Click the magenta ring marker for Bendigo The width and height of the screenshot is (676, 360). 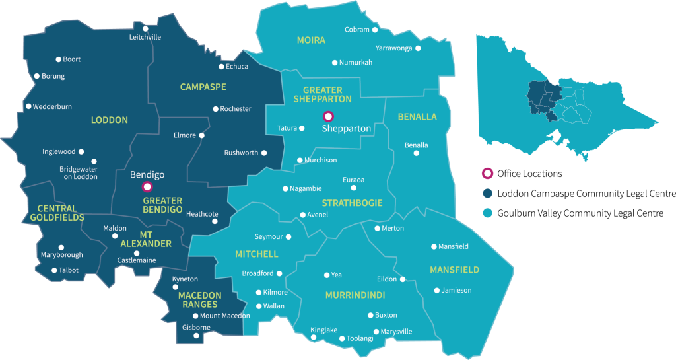click(x=147, y=187)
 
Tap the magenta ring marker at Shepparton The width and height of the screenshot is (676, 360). click(x=328, y=117)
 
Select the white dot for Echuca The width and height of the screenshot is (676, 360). click(x=222, y=67)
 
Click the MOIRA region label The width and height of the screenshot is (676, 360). click(x=311, y=40)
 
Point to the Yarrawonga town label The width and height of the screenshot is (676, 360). click(x=393, y=48)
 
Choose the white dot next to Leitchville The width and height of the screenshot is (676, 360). click(x=146, y=29)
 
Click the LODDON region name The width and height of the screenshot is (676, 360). click(x=110, y=120)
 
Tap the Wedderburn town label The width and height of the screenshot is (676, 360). click(x=52, y=106)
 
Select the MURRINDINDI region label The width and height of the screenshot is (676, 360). click(x=355, y=295)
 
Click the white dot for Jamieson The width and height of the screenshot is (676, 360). click(x=437, y=290)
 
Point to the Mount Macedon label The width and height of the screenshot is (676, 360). click(x=224, y=316)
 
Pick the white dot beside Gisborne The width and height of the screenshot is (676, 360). click(x=196, y=336)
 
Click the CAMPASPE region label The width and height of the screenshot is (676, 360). click(x=203, y=87)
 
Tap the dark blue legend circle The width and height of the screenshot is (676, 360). click(x=488, y=193)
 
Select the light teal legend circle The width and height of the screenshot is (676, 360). click(x=488, y=213)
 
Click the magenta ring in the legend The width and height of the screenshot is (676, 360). click(x=488, y=173)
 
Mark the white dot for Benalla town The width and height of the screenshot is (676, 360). click(x=416, y=153)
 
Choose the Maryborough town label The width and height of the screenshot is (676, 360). click(x=62, y=255)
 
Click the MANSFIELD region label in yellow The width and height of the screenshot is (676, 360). click(x=454, y=270)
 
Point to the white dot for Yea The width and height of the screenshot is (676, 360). click(x=327, y=275)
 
